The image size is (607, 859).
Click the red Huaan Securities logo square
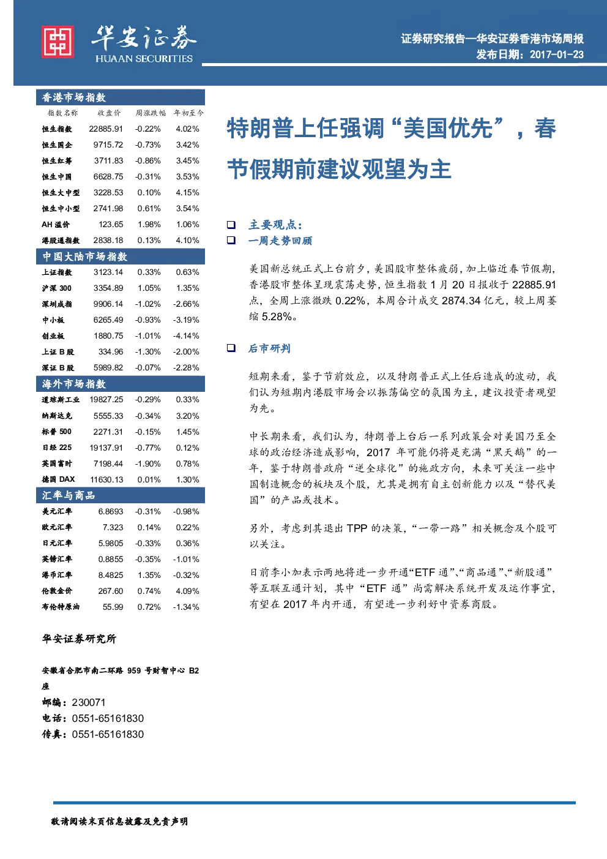tap(58, 42)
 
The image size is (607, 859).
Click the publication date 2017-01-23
tap(556, 54)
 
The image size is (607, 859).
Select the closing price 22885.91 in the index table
tap(106, 129)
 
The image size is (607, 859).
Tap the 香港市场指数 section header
tap(73, 97)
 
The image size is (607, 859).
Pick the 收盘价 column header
tap(109, 113)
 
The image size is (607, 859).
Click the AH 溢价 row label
tap(56, 224)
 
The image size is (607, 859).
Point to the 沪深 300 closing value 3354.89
tap(108, 288)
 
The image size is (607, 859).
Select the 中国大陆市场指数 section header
tap(84, 257)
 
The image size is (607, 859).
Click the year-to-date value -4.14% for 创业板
tap(186, 336)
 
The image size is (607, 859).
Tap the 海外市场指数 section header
tap(73, 384)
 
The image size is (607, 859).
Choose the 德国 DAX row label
tap(58, 479)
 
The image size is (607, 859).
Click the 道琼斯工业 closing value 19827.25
tap(106, 400)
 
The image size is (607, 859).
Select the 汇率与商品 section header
tap(68, 495)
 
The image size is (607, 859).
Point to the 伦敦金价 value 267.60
tap(111, 591)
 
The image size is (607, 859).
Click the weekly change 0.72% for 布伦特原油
tap(149, 607)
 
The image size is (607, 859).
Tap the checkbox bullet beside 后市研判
tap(231, 348)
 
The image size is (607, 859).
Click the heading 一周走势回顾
tap(280, 241)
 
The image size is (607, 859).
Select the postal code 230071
tap(89, 702)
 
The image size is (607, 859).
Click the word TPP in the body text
tap(357, 528)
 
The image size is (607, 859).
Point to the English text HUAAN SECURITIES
tap(144, 59)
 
